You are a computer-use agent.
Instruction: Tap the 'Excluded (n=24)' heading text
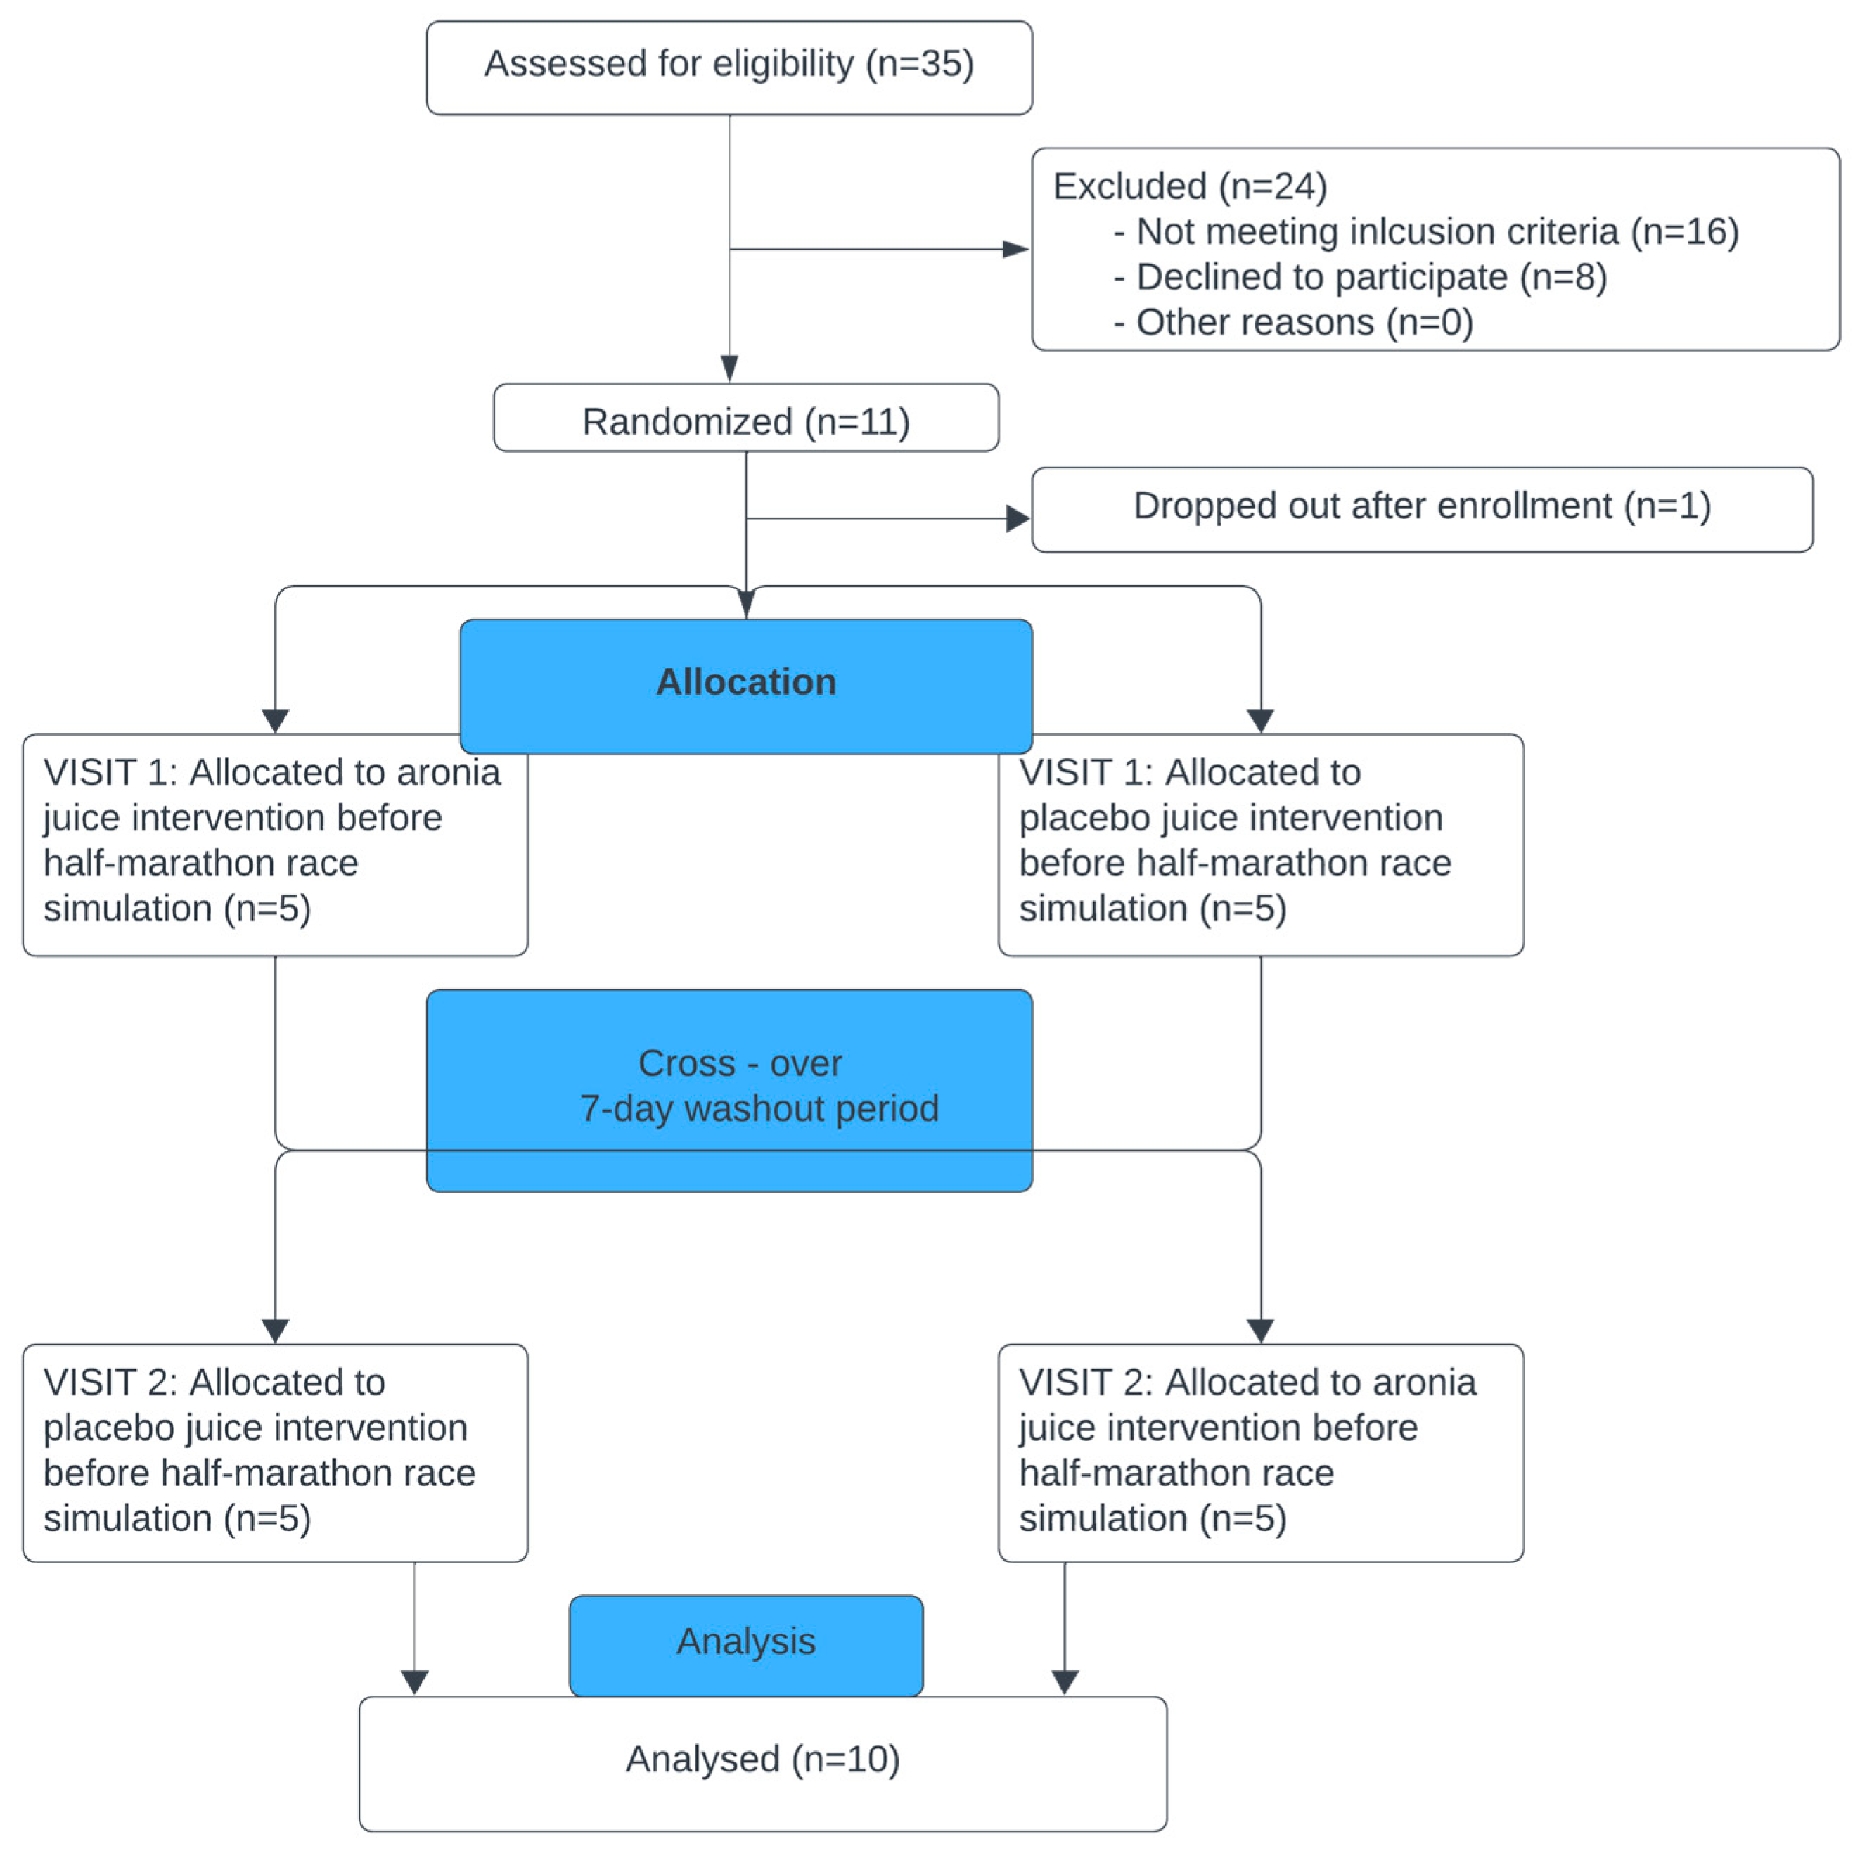(x=1188, y=186)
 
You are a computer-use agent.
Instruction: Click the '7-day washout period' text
(x=759, y=1108)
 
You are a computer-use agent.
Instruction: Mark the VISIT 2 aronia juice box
(x=1260, y=1452)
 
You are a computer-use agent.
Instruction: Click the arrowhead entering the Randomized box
(x=730, y=369)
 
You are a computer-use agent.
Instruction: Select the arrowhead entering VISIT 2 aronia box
(x=1260, y=1331)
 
